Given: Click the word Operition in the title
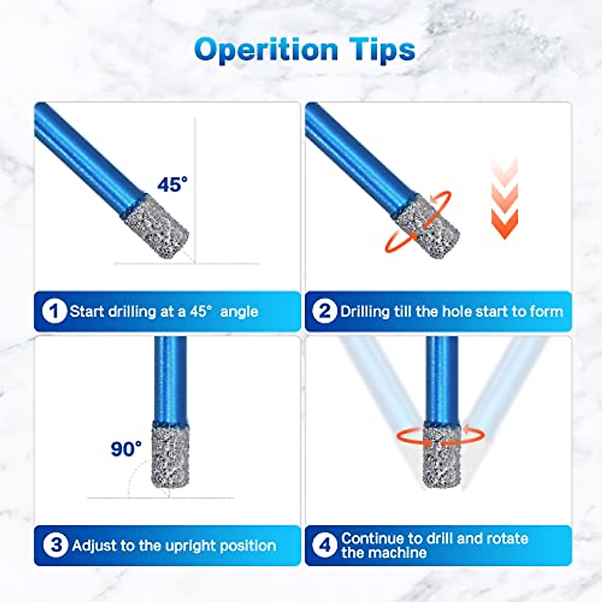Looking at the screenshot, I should [x=266, y=50].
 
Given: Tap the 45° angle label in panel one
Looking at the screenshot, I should [x=172, y=184].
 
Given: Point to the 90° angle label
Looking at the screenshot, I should [x=126, y=448].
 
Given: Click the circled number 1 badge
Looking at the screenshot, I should [x=54, y=312].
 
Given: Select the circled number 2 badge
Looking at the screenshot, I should [x=325, y=312].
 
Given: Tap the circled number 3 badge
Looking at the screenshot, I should [x=56, y=545].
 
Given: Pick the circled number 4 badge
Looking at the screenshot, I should [x=325, y=545].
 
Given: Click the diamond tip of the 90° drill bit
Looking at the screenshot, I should [x=171, y=454].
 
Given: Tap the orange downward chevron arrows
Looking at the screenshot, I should [x=504, y=201].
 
